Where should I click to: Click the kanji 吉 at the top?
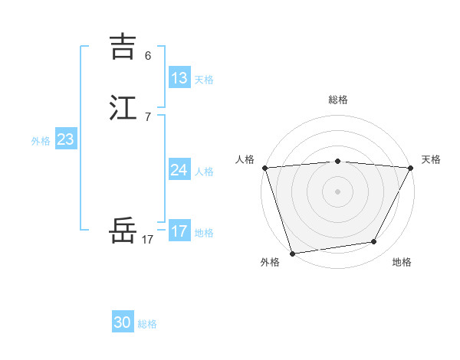tap(123, 46)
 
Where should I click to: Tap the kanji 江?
tap(123, 107)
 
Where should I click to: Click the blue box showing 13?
tap(179, 78)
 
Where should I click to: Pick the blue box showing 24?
tap(179, 170)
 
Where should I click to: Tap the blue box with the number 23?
tap(66, 139)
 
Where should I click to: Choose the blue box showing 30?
tap(123, 322)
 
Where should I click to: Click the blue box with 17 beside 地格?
tap(179, 231)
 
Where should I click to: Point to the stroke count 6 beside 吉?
tap(148, 56)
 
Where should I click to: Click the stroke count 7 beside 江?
tap(148, 117)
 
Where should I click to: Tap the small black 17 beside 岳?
tap(148, 240)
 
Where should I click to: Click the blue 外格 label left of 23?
tap(41, 141)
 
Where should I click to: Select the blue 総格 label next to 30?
tap(147, 324)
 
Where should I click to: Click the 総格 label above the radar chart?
tap(338, 100)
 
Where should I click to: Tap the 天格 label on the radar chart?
tap(431, 159)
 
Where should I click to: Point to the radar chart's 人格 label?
tap(245, 159)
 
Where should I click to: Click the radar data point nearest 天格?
tap(411, 168)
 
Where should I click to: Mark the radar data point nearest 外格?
tap(292, 253)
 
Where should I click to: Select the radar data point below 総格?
tap(338, 161)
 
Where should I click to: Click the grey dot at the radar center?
tap(338, 191)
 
